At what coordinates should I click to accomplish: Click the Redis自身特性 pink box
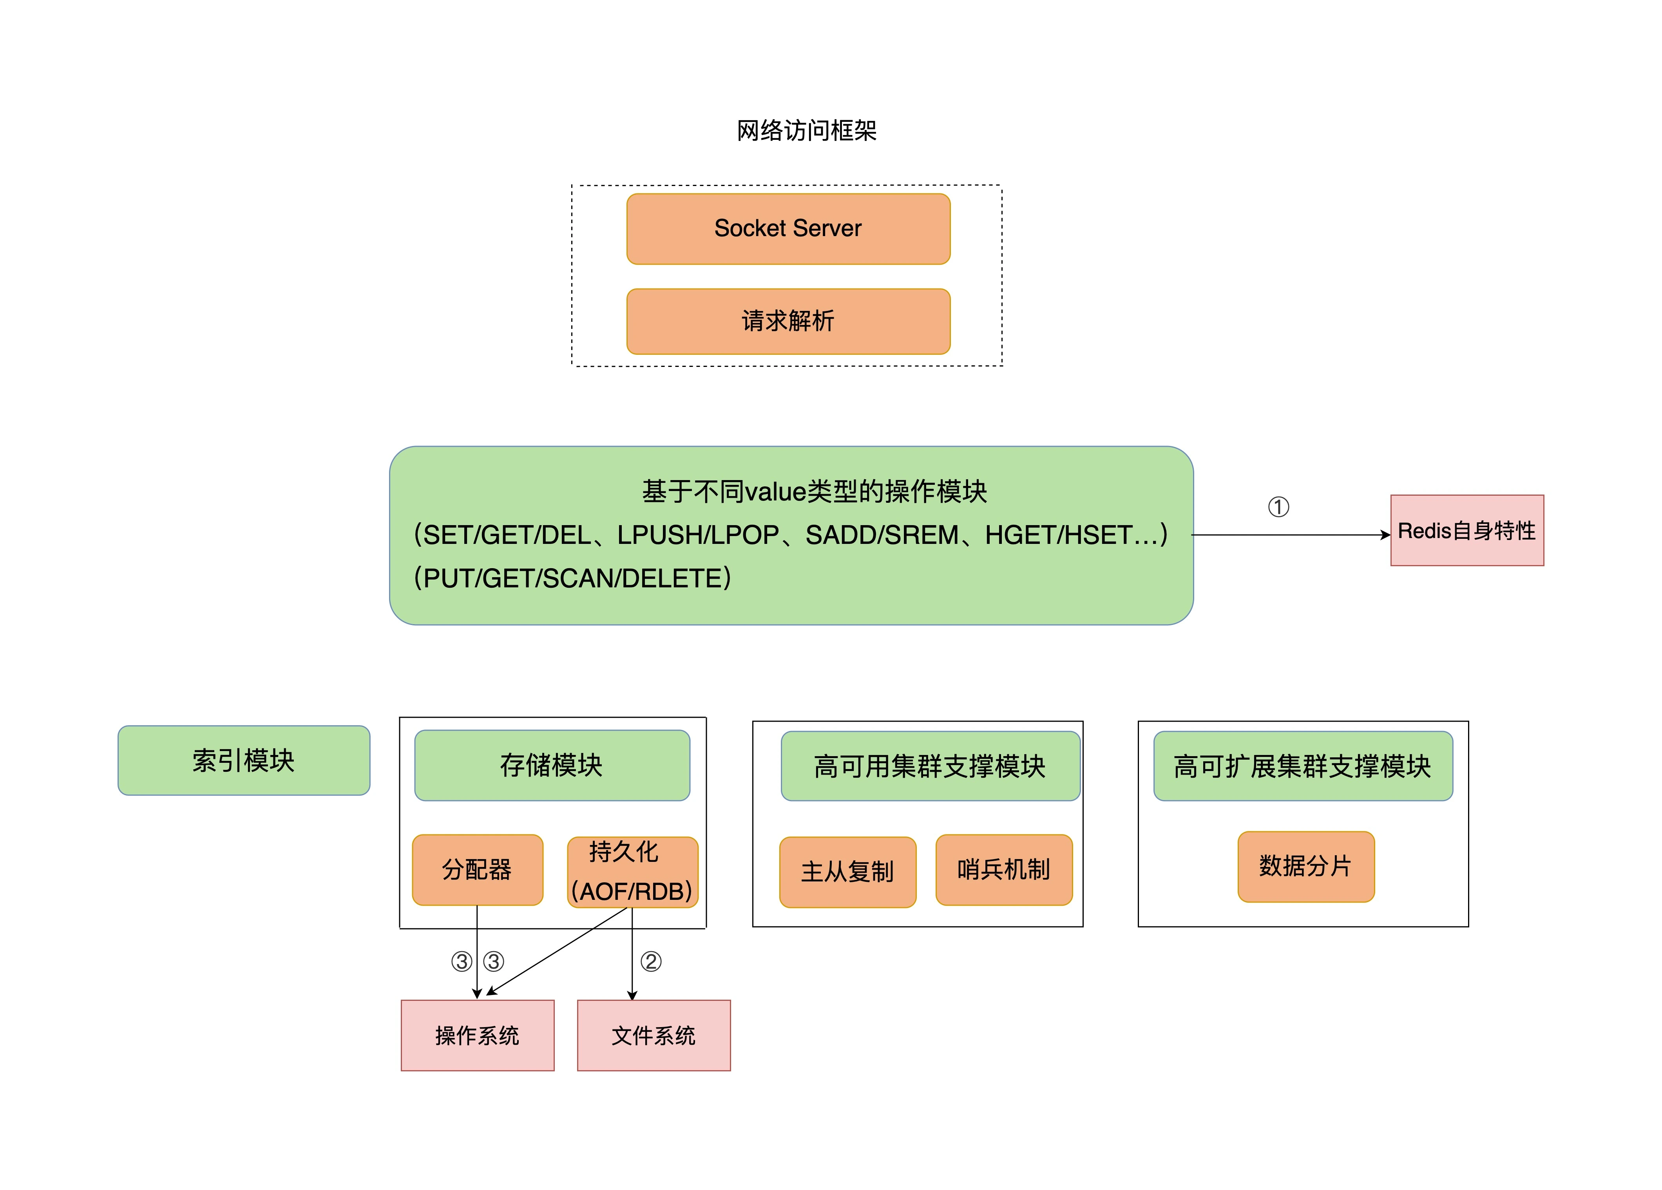tap(1466, 530)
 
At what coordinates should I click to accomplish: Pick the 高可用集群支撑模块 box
tap(930, 766)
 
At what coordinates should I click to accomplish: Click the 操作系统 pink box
tap(477, 1035)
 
